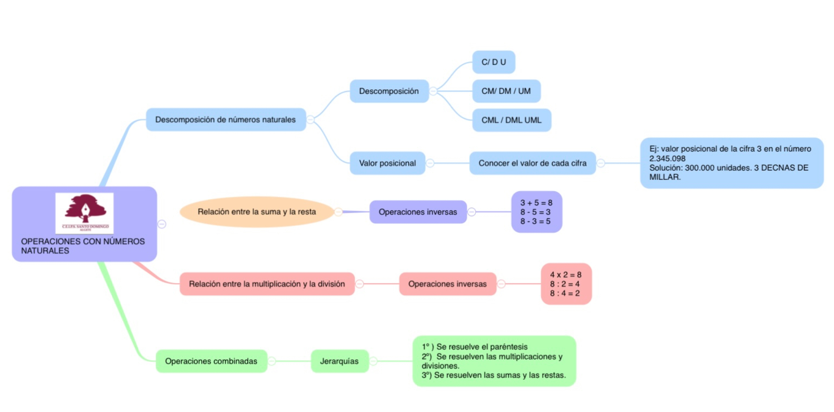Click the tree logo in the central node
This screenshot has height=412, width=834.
click(x=85, y=211)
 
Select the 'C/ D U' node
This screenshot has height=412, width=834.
click(x=494, y=62)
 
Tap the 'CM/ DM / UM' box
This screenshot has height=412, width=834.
click(x=506, y=91)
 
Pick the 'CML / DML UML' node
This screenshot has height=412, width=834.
click(x=511, y=120)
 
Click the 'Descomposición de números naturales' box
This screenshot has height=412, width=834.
click(x=225, y=120)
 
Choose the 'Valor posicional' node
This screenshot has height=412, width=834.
click(x=387, y=163)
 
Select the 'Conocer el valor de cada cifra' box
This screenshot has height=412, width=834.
click(x=532, y=163)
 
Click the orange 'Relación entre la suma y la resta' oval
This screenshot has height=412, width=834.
click(x=257, y=212)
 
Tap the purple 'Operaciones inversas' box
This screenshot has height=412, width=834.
click(x=417, y=212)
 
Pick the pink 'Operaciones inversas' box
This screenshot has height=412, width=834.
click(x=447, y=284)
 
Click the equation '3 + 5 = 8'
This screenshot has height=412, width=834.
click(x=536, y=203)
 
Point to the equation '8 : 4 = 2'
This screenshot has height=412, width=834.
click(x=565, y=293)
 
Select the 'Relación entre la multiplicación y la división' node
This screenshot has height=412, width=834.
click(x=267, y=284)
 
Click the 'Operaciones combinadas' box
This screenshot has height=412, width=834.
click(x=211, y=361)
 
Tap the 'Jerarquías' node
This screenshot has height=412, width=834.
click(x=339, y=361)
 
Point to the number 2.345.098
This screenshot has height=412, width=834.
click(x=667, y=159)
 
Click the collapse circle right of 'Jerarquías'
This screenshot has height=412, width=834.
click(x=373, y=361)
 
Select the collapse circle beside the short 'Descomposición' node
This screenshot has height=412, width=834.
click(x=433, y=91)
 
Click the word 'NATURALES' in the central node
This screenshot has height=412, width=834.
click(x=45, y=251)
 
